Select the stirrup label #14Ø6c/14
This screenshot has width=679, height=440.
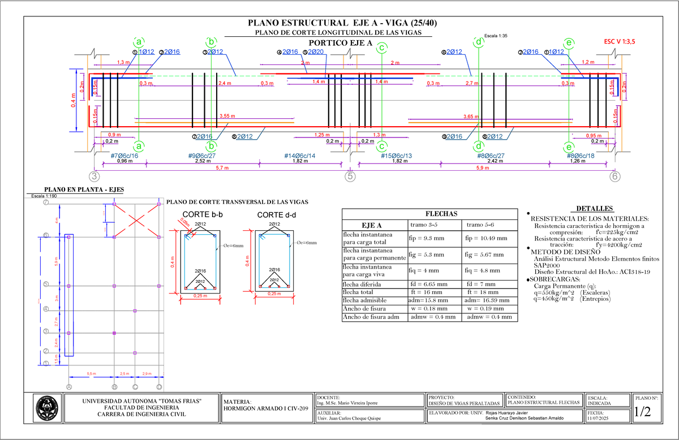(x=300, y=156)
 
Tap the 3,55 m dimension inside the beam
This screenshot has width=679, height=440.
(x=227, y=116)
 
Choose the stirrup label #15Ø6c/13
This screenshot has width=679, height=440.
(x=396, y=156)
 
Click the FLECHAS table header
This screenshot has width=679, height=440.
(x=429, y=213)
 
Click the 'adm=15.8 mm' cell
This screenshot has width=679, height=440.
(x=428, y=300)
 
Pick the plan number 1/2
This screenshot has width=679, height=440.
(x=643, y=412)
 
